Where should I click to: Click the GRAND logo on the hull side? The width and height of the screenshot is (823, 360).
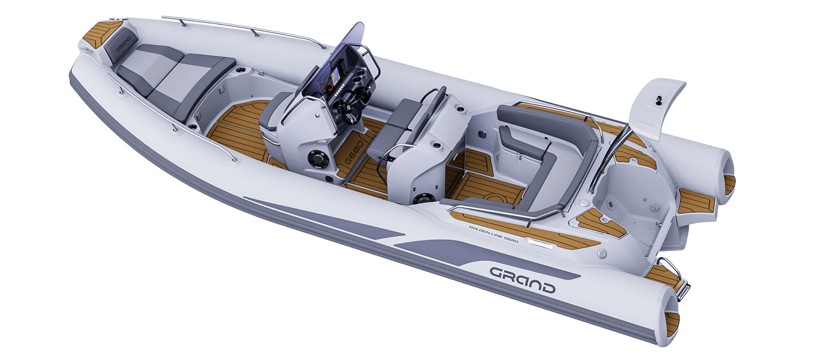pos(522,280)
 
